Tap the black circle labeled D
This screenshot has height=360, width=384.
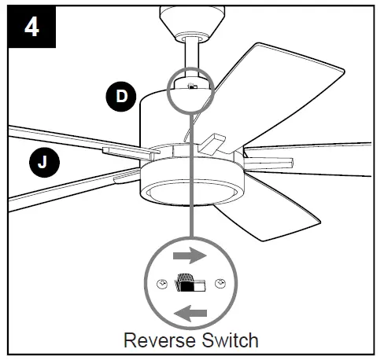[x=120, y=97]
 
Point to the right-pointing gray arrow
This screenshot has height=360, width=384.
[x=191, y=255]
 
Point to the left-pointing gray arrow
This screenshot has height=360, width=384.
[x=191, y=314]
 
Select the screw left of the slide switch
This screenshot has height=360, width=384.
[x=162, y=285]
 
